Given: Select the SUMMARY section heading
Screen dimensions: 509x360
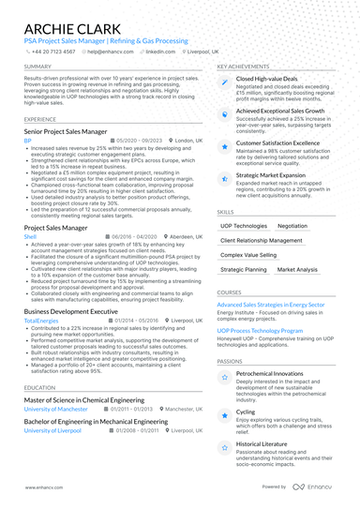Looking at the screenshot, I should (x=37, y=67).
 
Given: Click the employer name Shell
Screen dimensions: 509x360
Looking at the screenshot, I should (x=30, y=236).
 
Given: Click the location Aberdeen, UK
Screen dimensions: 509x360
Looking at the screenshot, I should (x=186, y=236).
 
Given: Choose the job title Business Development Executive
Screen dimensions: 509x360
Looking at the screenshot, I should (x=70, y=310).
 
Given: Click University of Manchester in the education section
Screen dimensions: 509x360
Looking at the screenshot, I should (x=60, y=409).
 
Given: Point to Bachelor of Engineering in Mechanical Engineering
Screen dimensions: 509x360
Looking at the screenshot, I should (x=96, y=422).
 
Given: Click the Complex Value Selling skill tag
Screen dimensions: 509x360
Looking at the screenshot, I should (x=248, y=255).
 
